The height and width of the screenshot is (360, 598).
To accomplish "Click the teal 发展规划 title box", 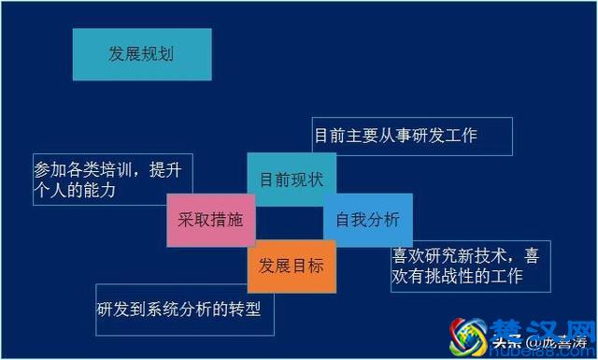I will tap(141, 54).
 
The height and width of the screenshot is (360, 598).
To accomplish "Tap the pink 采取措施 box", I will tap(209, 220).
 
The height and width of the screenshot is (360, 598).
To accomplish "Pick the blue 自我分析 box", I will tap(367, 220).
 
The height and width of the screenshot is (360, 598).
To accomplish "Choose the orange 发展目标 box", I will tap(291, 266).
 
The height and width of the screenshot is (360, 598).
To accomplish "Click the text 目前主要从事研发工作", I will tap(396, 136).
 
